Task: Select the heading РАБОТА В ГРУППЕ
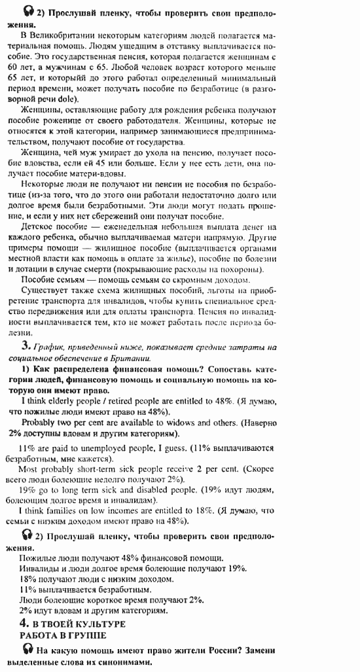63,635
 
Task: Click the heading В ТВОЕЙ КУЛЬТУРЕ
79,624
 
